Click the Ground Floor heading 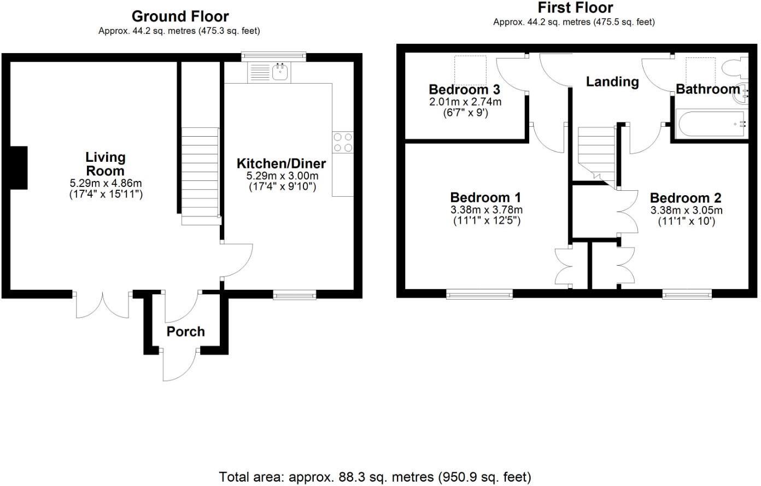coord(180,16)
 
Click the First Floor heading coord(575,8)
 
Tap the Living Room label coord(105,164)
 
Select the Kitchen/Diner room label coord(281,163)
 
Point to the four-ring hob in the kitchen coord(343,143)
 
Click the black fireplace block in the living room coord(19,168)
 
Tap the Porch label coord(185,331)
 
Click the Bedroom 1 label coord(485,197)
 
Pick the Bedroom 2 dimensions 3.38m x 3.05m coord(686,210)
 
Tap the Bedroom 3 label coord(464,89)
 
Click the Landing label coord(612,81)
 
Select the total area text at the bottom coord(375,477)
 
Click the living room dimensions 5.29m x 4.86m coord(106,183)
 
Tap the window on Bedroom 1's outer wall coord(479,295)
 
